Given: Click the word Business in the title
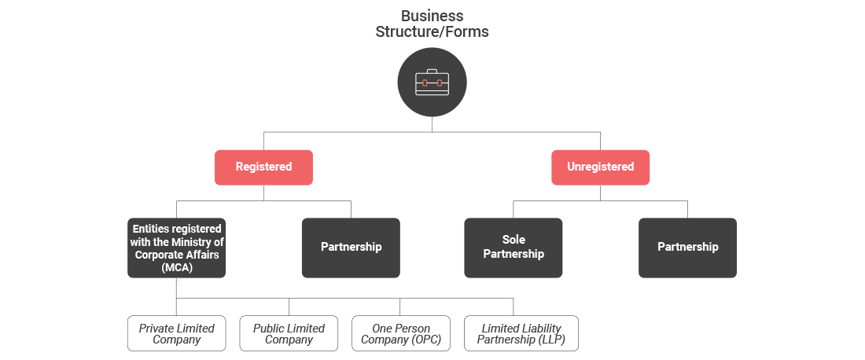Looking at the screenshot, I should [432, 16].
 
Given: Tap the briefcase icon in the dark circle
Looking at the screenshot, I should [432, 82].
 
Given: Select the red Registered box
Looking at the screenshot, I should [263, 167].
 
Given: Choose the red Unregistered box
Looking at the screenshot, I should [600, 167].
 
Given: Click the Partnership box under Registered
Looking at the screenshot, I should [351, 247].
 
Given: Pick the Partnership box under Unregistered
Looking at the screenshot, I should [687, 247].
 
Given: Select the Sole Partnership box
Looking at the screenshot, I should [513, 247].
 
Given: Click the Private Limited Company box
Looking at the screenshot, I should [177, 334].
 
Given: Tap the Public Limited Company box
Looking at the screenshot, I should [289, 334].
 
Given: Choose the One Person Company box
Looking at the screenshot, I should [401, 334].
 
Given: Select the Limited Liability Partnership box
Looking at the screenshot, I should [521, 334].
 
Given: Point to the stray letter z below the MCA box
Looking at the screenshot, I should [177, 281].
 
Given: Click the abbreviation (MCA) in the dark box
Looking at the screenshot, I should [177, 268].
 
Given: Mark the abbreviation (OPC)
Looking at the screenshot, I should [423, 340].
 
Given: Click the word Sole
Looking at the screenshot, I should [513, 240].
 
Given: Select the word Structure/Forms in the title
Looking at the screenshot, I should [432, 32].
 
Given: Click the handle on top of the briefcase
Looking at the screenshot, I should [432, 71].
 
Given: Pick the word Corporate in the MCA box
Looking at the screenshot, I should [157, 255].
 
